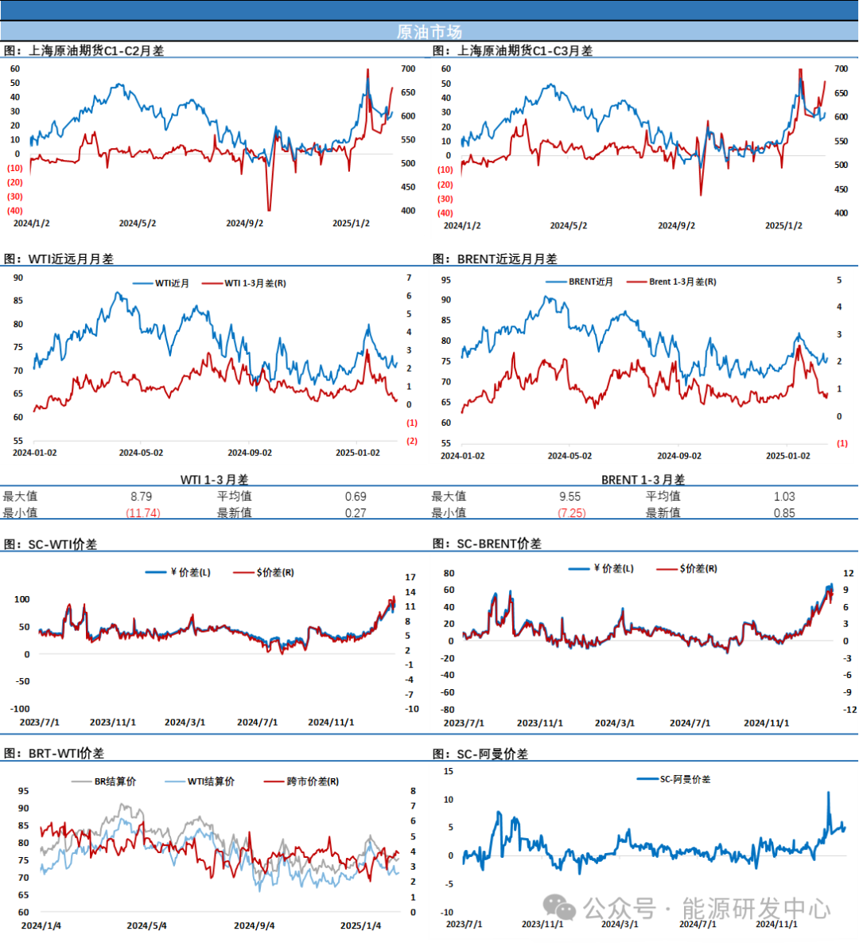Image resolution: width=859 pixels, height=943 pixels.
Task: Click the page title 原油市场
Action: pos(429,32)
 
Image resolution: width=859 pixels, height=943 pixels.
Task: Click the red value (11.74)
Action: pos(143,513)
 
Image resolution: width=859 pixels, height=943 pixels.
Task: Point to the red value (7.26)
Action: pos(573,513)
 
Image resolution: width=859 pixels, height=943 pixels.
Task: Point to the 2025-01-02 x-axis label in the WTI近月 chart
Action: pos(357,453)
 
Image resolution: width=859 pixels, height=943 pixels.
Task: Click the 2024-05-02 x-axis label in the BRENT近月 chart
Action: pos(569,456)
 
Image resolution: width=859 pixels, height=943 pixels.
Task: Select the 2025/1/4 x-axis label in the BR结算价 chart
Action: pos(360,925)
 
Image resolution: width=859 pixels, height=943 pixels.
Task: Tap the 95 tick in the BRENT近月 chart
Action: pos(446,280)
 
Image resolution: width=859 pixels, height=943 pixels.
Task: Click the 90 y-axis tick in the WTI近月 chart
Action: pos(18,278)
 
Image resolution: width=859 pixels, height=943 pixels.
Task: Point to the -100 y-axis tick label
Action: pos(20,708)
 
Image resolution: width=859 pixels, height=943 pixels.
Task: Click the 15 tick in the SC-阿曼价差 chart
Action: pos(449,771)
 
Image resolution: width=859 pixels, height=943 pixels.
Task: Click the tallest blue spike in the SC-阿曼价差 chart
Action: pos(828,793)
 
